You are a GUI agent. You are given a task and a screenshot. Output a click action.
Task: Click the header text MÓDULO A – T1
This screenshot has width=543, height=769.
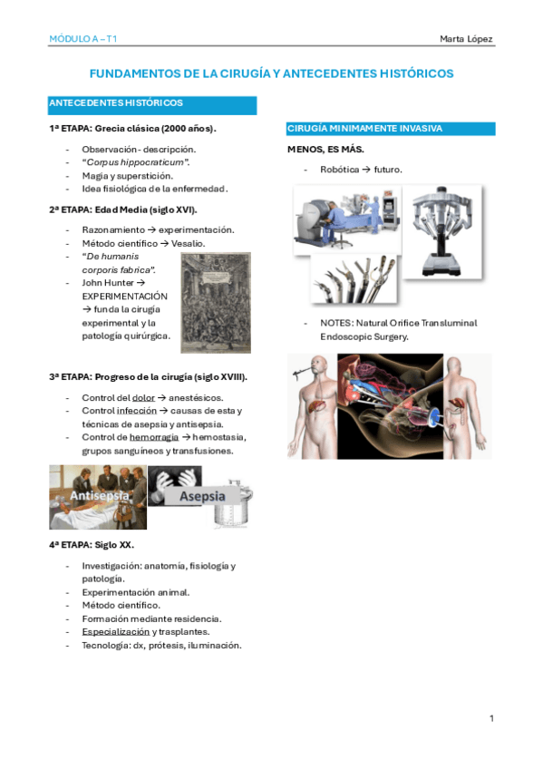click(x=82, y=39)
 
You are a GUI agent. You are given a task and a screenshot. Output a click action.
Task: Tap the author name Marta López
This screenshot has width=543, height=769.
click(x=466, y=39)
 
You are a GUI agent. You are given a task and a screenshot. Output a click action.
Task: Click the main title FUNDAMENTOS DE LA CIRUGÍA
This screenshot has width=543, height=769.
click(x=270, y=73)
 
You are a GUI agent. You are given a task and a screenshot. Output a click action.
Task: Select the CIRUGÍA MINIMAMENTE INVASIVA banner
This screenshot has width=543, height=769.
click(x=390, y=129)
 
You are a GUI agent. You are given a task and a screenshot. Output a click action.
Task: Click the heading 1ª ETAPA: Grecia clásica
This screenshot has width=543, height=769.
click(x=132, y=129)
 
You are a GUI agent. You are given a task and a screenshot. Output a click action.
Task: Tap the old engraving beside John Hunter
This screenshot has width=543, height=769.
click(x=216, y=302)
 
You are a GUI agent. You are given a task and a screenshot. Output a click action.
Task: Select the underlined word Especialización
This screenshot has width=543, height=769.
click(x=115, y=631)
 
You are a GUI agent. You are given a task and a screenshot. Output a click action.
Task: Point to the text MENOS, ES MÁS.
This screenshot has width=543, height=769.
click(x=325, y=149)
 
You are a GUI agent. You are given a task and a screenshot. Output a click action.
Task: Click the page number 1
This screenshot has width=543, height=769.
click(x=491, y=719)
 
